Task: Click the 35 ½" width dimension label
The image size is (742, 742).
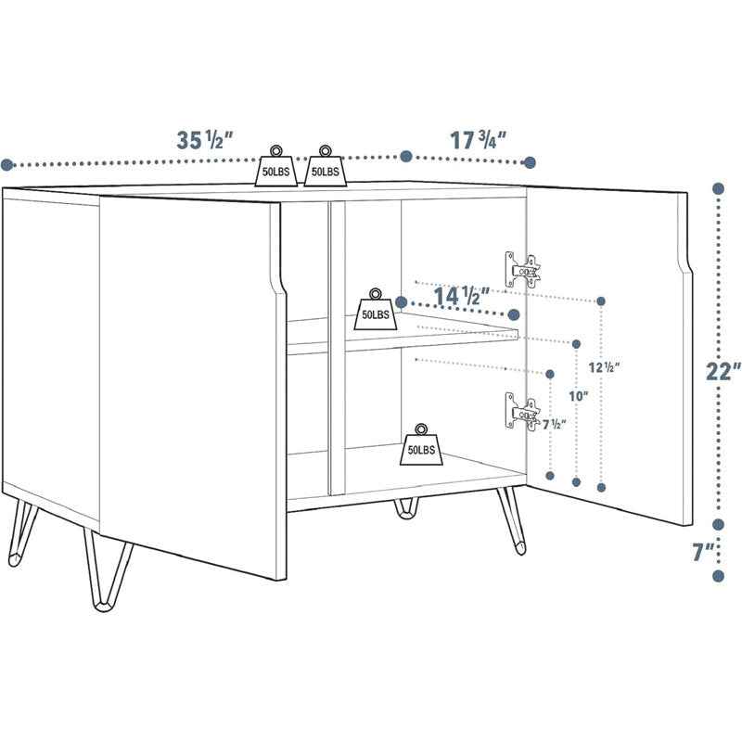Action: pyautogui.click(x=204, y=140)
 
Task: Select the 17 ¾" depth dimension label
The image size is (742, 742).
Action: pyautogui.click(x=478, y=141)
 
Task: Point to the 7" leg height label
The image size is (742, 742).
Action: pyautogui.click(x=705, y=553)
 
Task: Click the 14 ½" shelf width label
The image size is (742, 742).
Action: pyautogui.click(x=461, y=297)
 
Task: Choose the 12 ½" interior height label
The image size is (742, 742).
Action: pyautogui.click(x=604, y=365)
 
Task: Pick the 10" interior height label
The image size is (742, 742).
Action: pyautogui.click(x=579, y=396)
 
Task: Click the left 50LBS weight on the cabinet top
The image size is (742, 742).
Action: pyautogui.click(x=277, y=166)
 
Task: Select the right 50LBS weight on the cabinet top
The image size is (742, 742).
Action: pyautogui.click(x=325, y=166)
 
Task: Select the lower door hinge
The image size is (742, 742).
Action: pyautogui.click(x=521, y=412)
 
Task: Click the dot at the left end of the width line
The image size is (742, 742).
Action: pyautogui.click(x=6, y=165)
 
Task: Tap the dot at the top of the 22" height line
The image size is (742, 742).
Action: pyautogui.click(x=718, y=188)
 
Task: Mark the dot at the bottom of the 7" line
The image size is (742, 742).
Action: pyautogui.click(x=718, y=576)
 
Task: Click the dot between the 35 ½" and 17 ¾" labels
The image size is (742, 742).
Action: pyautogui.click(x=405, y=156)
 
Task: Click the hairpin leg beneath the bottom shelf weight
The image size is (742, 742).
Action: pyautogui.click(x=406, y=508)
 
